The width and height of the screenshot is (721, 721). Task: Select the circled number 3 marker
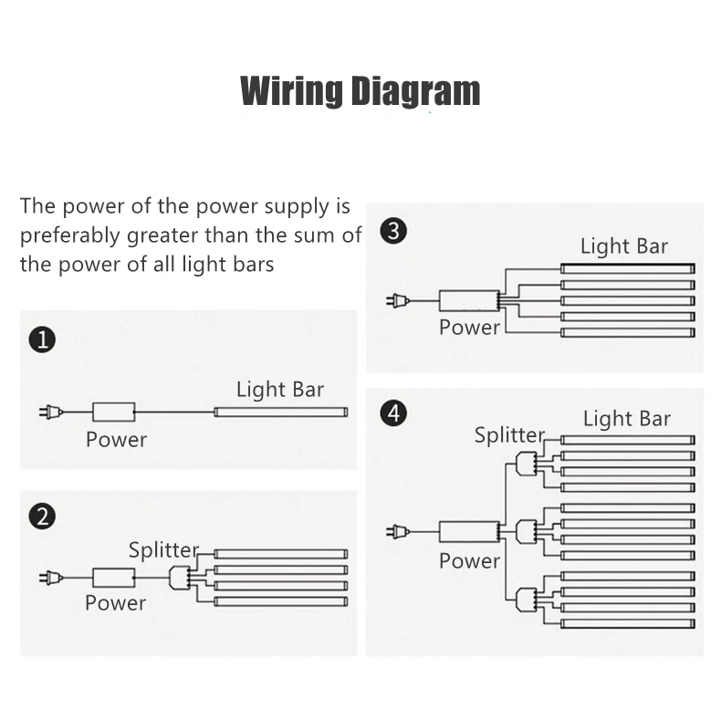tap(392, 231)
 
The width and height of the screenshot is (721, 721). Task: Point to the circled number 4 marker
tap(392, 413)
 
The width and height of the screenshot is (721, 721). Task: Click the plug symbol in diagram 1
tap(51, 413)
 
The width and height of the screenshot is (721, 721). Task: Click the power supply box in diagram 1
tap(114, 413)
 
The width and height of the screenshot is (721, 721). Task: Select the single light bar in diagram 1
tap(281, 413)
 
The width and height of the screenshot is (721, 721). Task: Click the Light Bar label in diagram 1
tap(279, 390)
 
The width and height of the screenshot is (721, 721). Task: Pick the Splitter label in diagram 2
tap(163, 550)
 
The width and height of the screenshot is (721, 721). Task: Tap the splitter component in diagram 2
tap(178, 577)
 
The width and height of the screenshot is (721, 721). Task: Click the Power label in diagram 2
tap(115, 603)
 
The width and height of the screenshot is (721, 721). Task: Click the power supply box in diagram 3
tap(467, 300)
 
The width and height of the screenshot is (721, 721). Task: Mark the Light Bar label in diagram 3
tap(624, 246)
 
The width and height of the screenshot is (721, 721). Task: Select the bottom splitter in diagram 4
tap(524, 599)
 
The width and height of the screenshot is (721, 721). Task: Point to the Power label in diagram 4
tap(469, 560)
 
